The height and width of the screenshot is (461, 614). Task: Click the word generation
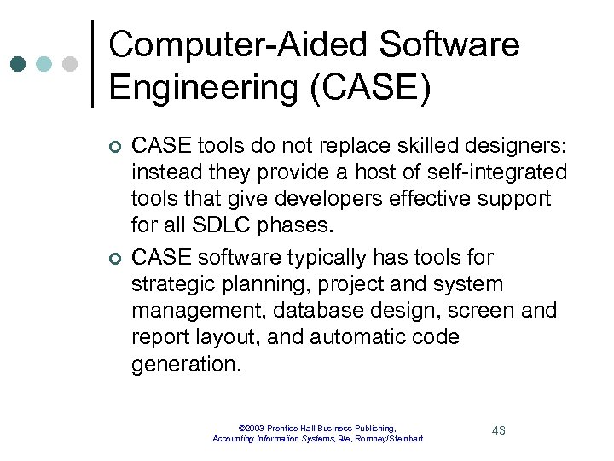click(x=186, y=365)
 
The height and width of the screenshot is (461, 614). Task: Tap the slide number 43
click(x=499, y=430)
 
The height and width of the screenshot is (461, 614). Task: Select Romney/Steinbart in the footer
click(x=391, y=439)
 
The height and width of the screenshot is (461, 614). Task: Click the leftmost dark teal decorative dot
click(x=20, y=64)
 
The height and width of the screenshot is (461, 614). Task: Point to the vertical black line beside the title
click(x=92, y=64)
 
